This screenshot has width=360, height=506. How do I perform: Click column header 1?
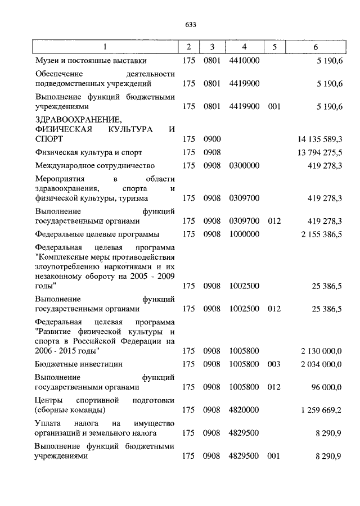tap(105, 46)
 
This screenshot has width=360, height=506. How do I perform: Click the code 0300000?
tap(244, 166)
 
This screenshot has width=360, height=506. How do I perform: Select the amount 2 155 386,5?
tap(322, 233)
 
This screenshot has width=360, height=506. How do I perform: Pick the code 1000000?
tap(244, 233)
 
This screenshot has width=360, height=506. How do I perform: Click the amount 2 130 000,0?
tap(322, 351)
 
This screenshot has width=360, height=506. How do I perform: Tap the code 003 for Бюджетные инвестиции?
tap(274, 364)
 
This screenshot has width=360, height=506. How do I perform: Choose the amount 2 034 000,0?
tap(322, 364)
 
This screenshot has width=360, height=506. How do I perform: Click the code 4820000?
tap(244, 410)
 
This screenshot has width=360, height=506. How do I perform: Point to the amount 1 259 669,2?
tap(322, 410)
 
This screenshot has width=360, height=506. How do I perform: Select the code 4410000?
tap(244, 60)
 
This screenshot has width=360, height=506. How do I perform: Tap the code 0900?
tap(211, 138)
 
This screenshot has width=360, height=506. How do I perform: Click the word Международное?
tap(63, 166)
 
